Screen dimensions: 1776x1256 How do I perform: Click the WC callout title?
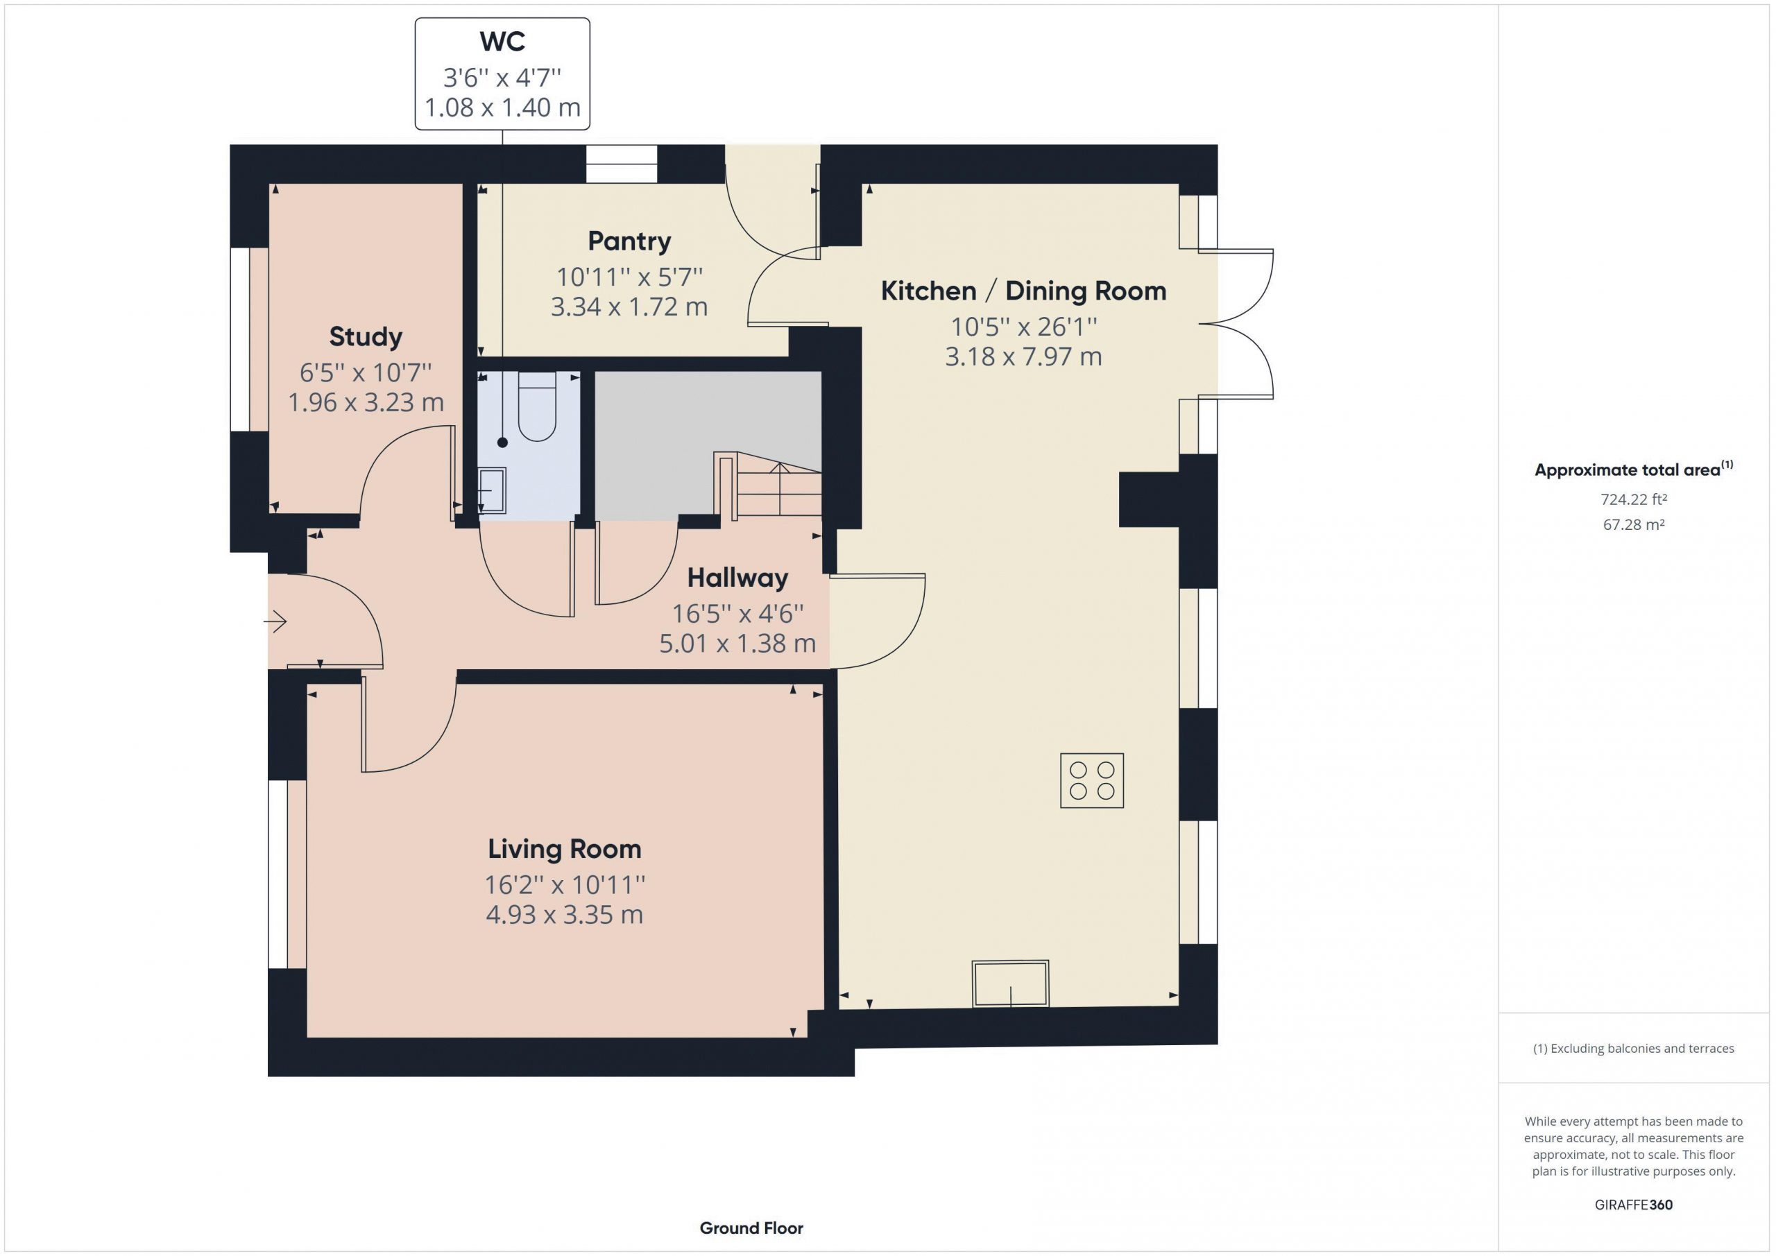click(502, 42)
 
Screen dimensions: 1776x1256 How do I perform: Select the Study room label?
click(366, 336)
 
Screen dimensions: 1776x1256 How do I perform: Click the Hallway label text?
click(737, 578)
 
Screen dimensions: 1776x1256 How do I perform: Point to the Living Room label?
click(564, 848)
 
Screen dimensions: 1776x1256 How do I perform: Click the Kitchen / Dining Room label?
click(1023, 291)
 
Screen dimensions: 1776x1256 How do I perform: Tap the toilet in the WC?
click(537, 406)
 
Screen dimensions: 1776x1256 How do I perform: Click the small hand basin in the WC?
click(492, 490)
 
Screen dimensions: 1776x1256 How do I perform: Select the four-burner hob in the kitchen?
click(1091, 780)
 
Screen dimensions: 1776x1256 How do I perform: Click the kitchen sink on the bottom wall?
click(1010, 983)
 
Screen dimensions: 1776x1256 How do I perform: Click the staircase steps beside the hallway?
click(778, 485)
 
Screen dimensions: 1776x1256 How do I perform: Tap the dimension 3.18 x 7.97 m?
click(1023, 356)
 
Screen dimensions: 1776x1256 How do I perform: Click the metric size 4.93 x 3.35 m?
click(564, 915)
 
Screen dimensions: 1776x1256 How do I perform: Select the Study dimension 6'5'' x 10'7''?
click(366, 373)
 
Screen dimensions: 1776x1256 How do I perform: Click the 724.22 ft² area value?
click(1634, 499)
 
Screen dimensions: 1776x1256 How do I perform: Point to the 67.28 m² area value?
click(1634, 524)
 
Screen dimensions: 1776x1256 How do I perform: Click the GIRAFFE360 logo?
click(1634, 1204)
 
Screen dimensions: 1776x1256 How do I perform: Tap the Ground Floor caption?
click(751, 1228)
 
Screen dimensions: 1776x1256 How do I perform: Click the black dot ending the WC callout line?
click(503, 442)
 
